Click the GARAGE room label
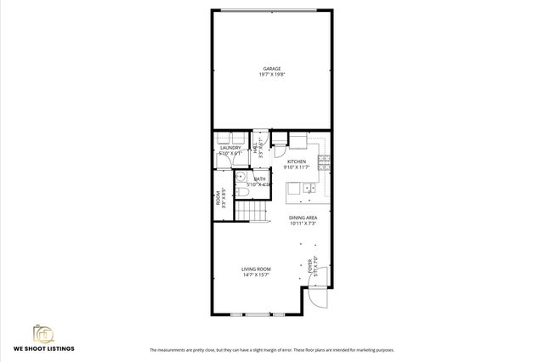point(272,68)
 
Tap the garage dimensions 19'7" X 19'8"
point(272,75)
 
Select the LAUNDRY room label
point(230,148)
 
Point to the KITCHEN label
point(297,161)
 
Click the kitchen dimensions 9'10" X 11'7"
point(297,167)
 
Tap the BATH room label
point(259,178)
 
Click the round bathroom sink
point(240,179)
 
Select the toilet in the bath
point(243,194)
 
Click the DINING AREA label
point(303,218)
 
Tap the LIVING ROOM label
point(256,269)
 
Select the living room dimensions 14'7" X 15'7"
point(256,274)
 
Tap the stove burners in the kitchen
point(324,161)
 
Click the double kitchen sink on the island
point(311,189)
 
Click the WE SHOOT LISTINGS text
point(43,349)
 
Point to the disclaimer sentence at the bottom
point(271,349)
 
